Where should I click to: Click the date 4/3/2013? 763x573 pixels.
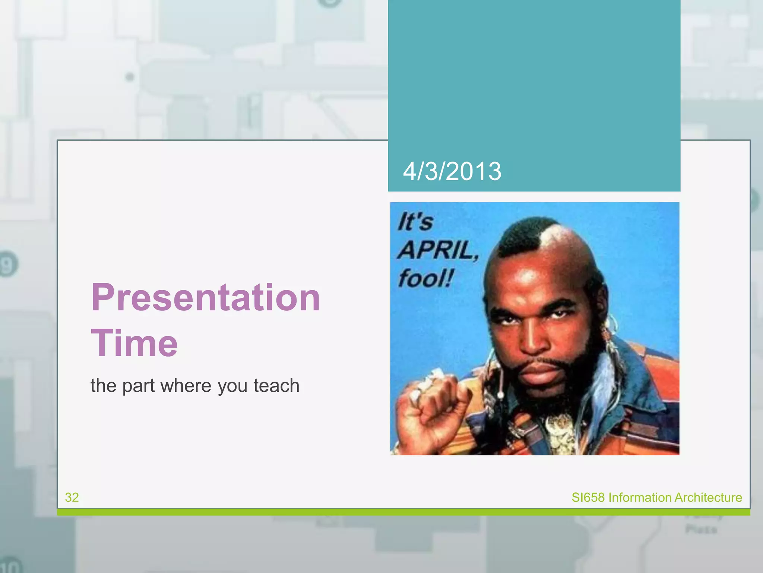click(452, 172)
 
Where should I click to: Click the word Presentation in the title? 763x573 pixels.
click(206, 297)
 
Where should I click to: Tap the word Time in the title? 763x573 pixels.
click(134, 343)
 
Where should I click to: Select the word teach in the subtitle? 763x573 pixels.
click(276, 386)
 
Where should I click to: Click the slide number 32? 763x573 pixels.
click(72, 497)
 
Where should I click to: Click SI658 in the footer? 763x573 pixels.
click(588, 497)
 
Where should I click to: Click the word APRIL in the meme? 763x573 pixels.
click(438, 250)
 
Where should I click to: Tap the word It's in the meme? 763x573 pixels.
click(415, 222)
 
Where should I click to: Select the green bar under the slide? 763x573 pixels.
click(403, 512)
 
